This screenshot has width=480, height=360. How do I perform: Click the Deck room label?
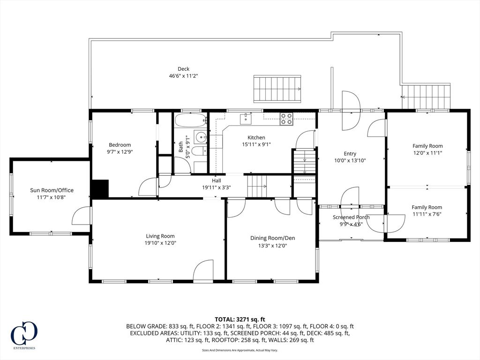tap(183, 69)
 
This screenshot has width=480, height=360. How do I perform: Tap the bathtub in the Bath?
tap(190, 120)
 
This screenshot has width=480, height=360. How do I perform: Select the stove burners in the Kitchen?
tap(286, 119)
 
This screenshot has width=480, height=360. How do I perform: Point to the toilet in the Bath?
tap(199, 151)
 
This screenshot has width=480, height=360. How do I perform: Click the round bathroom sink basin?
tap(200, 137)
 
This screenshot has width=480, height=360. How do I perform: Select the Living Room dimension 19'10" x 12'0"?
tap(160, 243)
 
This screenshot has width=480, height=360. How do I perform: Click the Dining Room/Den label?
tap(272, 238)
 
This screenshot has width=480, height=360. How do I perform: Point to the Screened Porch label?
tap(351, 217)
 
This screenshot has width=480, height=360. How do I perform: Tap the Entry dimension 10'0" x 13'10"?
tap(350, 160)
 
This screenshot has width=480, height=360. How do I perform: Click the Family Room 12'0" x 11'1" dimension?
tap(427, 153)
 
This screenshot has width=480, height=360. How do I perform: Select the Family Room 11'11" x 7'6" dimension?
tap(427, 214)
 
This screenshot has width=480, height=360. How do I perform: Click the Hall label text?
tap(216, 180)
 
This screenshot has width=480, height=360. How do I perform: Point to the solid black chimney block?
tap(99, 189)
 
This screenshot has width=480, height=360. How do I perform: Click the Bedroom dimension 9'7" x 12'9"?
tap(120, 152)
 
